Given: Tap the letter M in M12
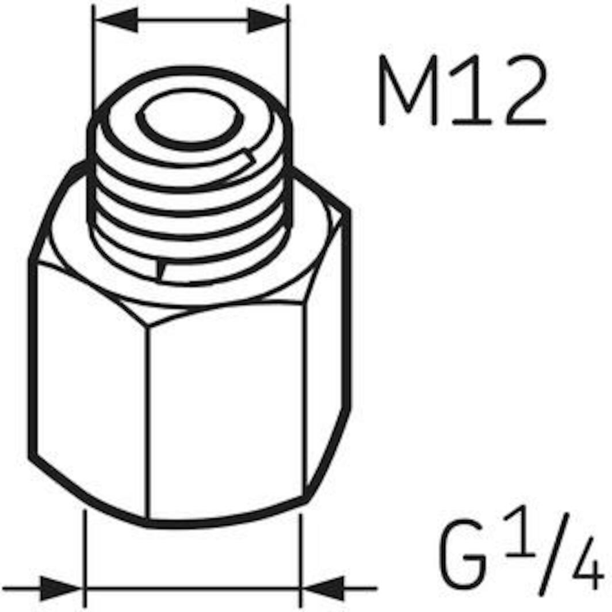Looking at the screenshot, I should point(408,92).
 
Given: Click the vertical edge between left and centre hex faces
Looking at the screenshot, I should point(147,420).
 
